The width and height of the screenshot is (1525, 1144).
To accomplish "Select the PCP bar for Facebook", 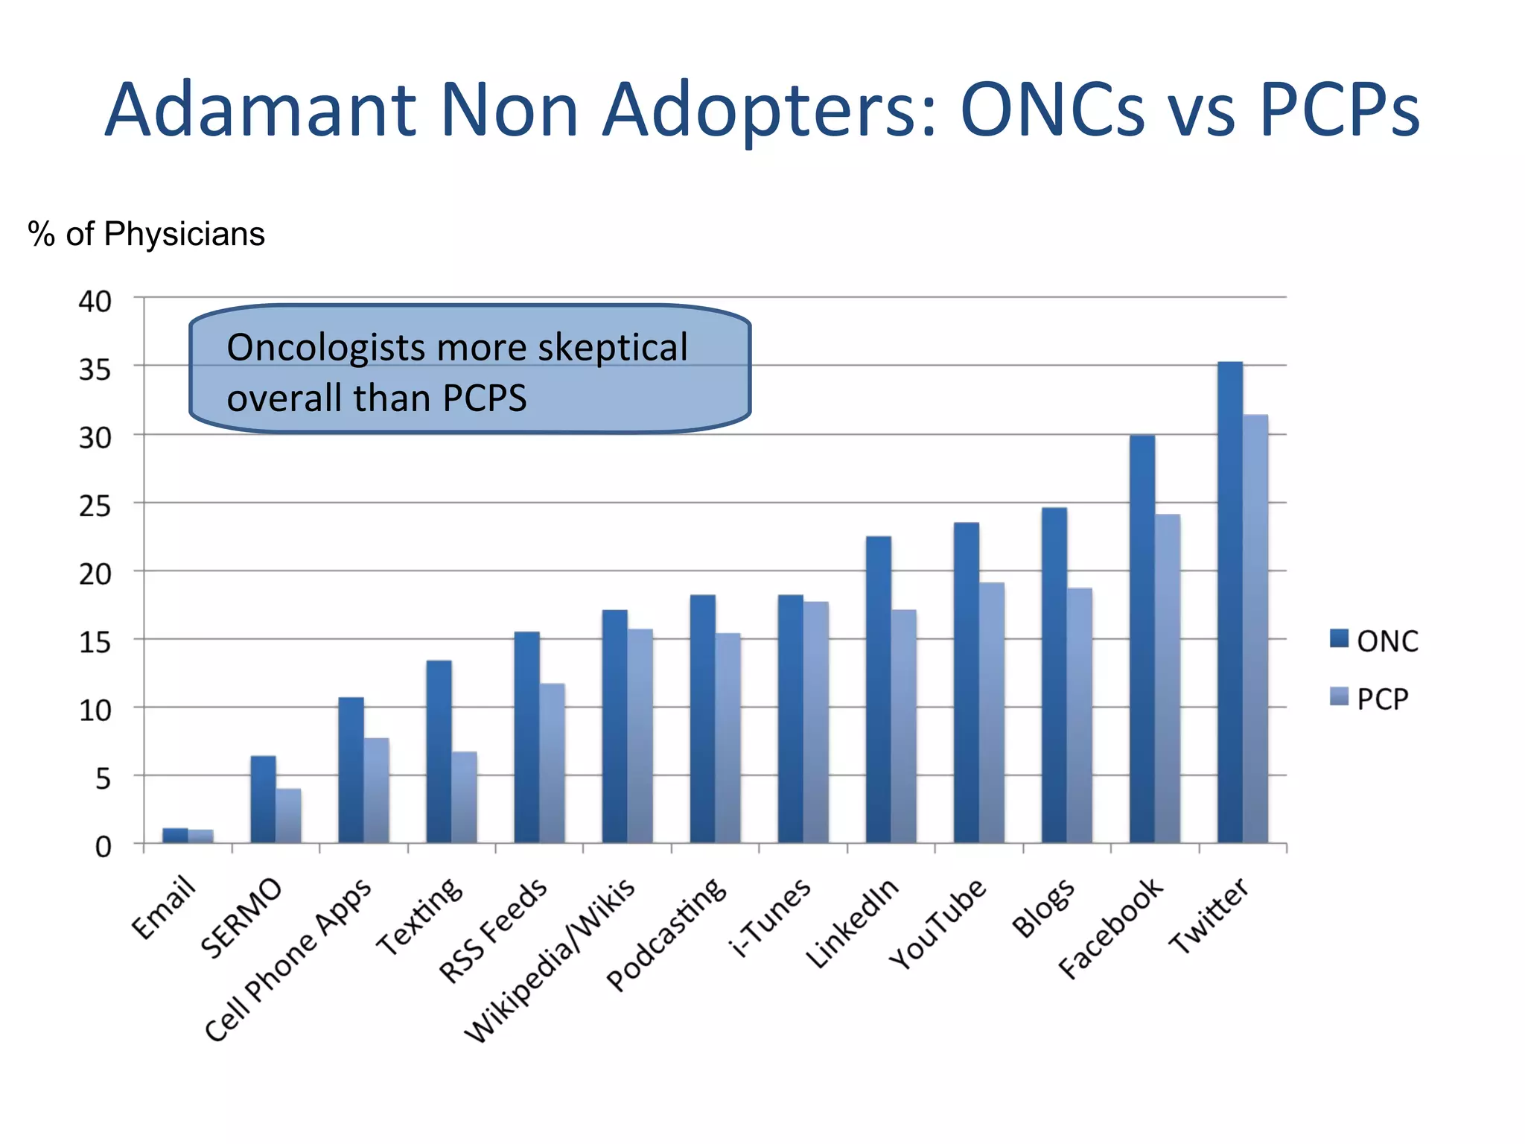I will (1168, 678).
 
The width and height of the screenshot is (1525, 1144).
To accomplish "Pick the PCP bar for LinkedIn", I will (903, 726).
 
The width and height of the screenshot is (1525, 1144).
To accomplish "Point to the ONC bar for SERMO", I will (263, 798).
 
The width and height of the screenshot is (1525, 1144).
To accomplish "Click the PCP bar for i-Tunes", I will (815, 722).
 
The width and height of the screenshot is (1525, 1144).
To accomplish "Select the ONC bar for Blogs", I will (1054, 675).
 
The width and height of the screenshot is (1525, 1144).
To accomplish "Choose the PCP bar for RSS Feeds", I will (552, 763).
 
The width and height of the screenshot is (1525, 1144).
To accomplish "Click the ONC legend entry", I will (1375, 641).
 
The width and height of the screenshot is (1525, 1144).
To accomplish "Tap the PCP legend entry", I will (1370, 699).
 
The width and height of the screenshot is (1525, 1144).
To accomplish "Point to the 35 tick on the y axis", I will (95, 369).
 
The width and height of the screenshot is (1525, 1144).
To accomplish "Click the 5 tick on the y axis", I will (103, 779).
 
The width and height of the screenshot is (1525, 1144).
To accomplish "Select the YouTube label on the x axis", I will (938, 924).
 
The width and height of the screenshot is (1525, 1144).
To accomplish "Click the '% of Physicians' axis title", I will (146, 234).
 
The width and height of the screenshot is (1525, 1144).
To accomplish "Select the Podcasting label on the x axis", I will (666, 934).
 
